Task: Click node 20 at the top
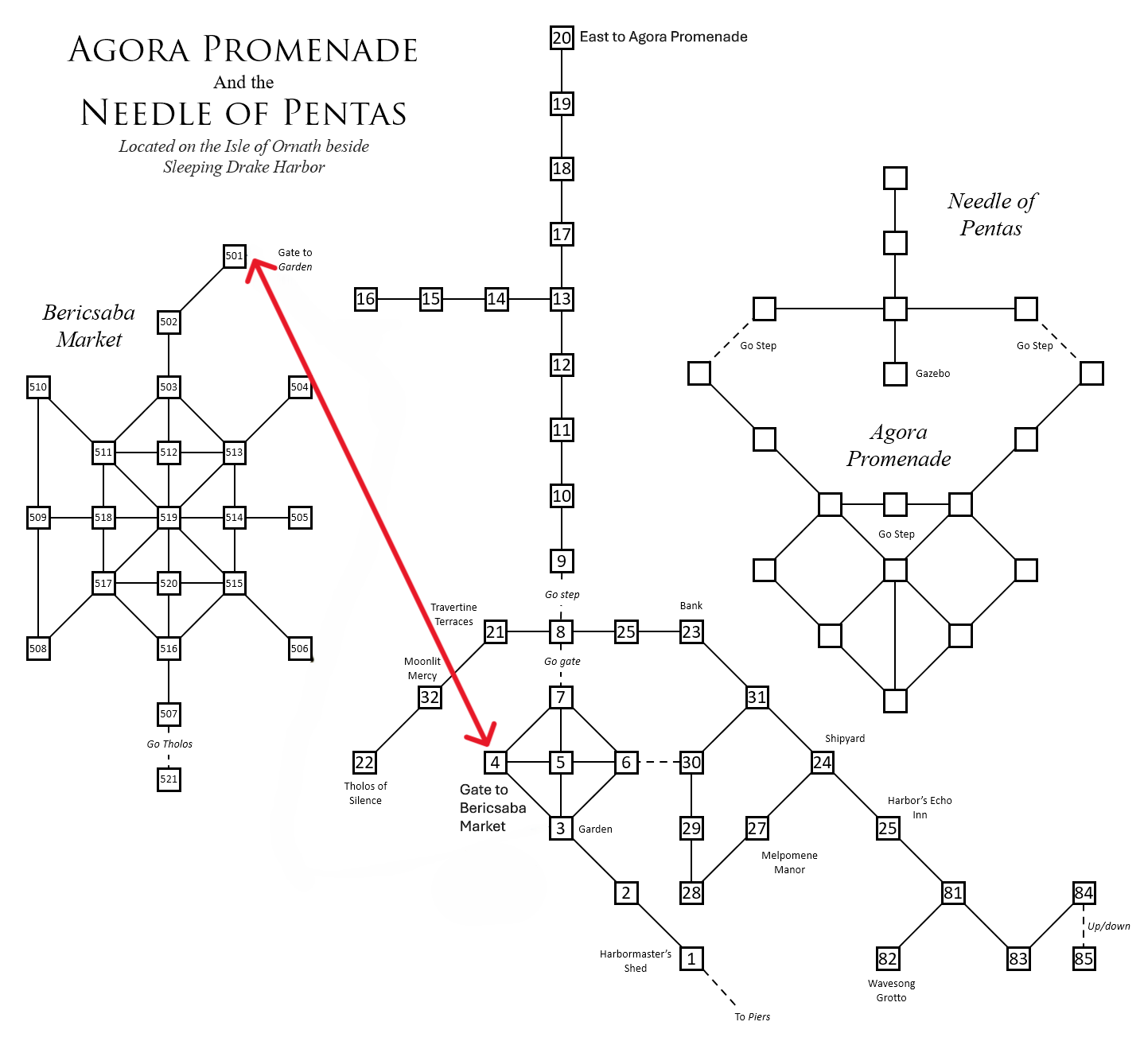(x=562, y=37)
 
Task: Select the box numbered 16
(x=366, y=299)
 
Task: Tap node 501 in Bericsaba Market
(x=235, y=256)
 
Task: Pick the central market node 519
(x=169, y=518)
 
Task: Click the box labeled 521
(x=169, y=779)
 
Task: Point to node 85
(x=1084, y=958)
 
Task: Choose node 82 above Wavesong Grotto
(x=888, y=958)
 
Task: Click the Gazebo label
(x=932, y=374)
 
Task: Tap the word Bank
(x=691, y=606)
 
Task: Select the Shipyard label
(x=845, y=739)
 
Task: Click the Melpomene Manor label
(x=789, y=863)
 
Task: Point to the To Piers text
(x=753, y=1017)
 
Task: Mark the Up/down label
(x=1109, y=927)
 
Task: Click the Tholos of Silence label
(x=365, y=794)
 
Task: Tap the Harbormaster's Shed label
(x=636, y=961)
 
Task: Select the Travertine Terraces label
(x=453, y=615)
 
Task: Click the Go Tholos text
(x=169, y=744)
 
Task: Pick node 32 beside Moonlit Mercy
(x=430, y=697)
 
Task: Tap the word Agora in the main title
(x=130, y=50)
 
